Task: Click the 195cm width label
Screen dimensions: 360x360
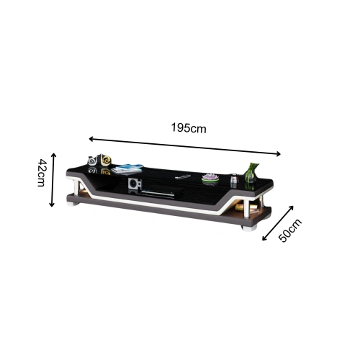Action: pos(189,127)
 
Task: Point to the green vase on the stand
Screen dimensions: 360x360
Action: pos(251,172)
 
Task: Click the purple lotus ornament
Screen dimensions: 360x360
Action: pos(210,177)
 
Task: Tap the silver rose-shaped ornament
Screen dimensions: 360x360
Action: pos(92,161)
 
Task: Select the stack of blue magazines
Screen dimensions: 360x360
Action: pos(127,168)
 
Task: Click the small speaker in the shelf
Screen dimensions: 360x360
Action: pos(135,184)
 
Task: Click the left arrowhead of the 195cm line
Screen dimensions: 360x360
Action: pos(90,138)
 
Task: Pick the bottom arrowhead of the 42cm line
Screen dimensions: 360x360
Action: pos(53,205)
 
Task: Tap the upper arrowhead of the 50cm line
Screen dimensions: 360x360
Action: pos(292,207)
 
